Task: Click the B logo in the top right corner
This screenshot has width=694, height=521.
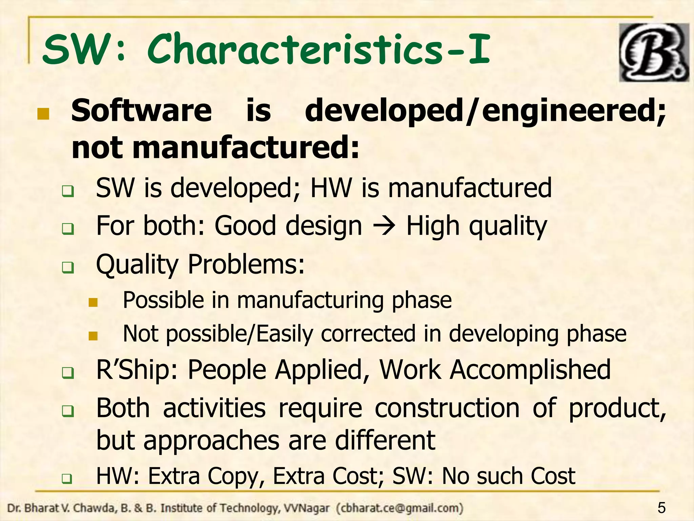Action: [654, 53]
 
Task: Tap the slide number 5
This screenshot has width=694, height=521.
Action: [661, 508]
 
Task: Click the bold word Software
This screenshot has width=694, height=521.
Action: [141, 111]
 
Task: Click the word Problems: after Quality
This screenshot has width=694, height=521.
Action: [246, 264]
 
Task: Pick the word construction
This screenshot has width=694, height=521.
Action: [447, 408]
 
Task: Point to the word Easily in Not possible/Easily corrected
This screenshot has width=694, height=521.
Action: [284, 334]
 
